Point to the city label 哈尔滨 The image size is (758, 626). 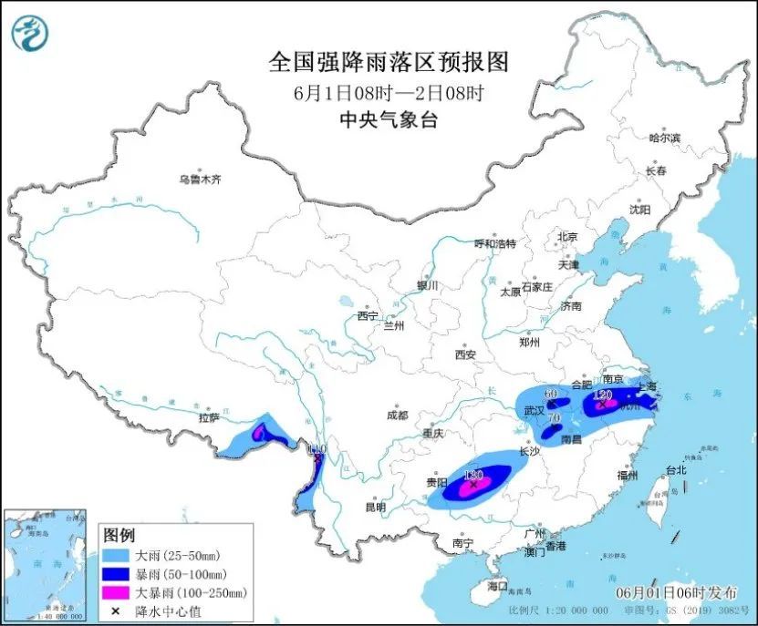(664, 138)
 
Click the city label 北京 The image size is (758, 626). (567, 237)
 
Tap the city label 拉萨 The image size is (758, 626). (209, 418)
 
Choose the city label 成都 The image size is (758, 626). (398, 415)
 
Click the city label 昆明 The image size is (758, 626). (375, 507)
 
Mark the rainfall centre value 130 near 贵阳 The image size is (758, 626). (472, 475)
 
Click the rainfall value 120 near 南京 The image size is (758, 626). (601, 395)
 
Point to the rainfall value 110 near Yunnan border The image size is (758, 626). (317, 449)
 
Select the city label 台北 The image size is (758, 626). (675, 471)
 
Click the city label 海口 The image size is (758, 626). (498, 584)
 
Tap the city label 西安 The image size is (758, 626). (466, 354)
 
